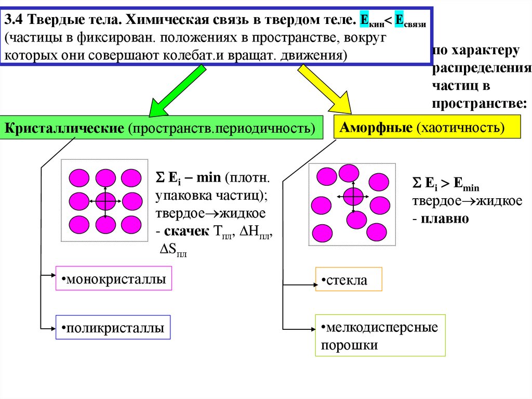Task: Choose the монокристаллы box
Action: click(x=113, y=279)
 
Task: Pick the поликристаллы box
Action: click(x=113, y=328)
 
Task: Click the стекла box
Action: click(x=349, y=280)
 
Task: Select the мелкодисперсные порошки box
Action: click(x=380, y=336)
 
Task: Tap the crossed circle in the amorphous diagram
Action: click(x=353, y=197)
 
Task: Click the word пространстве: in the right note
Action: click(x=478, y=103)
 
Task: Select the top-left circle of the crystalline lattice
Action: click(x=79, y=177)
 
